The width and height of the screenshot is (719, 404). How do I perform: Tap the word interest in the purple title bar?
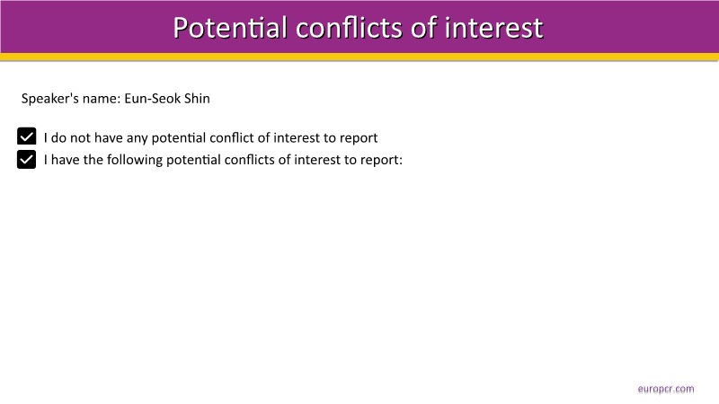493,28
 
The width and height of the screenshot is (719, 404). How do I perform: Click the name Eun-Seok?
152,99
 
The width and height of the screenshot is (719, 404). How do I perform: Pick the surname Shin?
197,99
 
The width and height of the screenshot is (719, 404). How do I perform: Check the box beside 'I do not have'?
27,136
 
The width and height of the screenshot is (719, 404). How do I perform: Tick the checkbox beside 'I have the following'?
27,160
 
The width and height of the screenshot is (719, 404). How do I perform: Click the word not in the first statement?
80,138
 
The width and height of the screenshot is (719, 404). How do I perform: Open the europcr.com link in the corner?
666,390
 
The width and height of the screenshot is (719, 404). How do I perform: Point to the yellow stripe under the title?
359,57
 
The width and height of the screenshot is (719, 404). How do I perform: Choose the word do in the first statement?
58,138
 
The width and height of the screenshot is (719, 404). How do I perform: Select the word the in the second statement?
93,160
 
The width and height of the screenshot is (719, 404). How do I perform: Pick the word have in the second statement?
65,160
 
